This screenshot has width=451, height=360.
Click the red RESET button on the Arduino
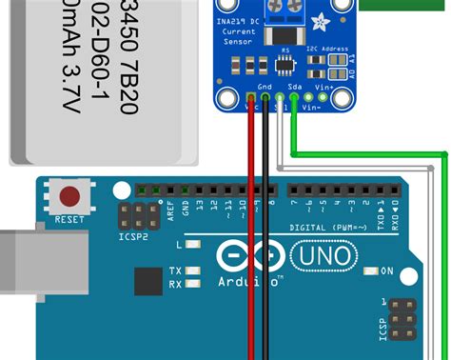tap(69, 197)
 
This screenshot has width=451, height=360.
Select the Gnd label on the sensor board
tap(265, 85)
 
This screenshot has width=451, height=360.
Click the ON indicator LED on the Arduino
tap(373, 271)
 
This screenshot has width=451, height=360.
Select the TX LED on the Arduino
tap(193, 270)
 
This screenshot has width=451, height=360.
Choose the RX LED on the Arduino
tap(193, 283)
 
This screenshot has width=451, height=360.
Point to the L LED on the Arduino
tap(193, 245)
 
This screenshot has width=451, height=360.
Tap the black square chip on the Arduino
tap(147, 282)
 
